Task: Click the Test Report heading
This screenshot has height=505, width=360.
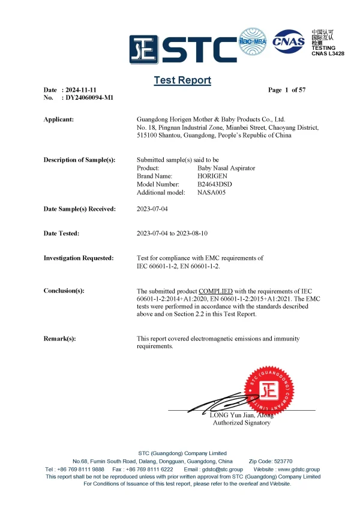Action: click(182, 80)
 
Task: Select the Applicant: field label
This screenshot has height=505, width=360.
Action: click(59, 119)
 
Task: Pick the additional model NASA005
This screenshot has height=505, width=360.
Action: click(212, 192)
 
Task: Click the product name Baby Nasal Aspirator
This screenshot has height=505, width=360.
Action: click(226, 168)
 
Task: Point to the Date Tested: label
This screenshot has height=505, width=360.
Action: click(61, 233)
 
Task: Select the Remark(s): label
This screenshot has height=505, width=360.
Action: click(60, 339)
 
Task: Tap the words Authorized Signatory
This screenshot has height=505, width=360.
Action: click(242, 423)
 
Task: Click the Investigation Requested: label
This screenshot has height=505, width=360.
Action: click(79, 258)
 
